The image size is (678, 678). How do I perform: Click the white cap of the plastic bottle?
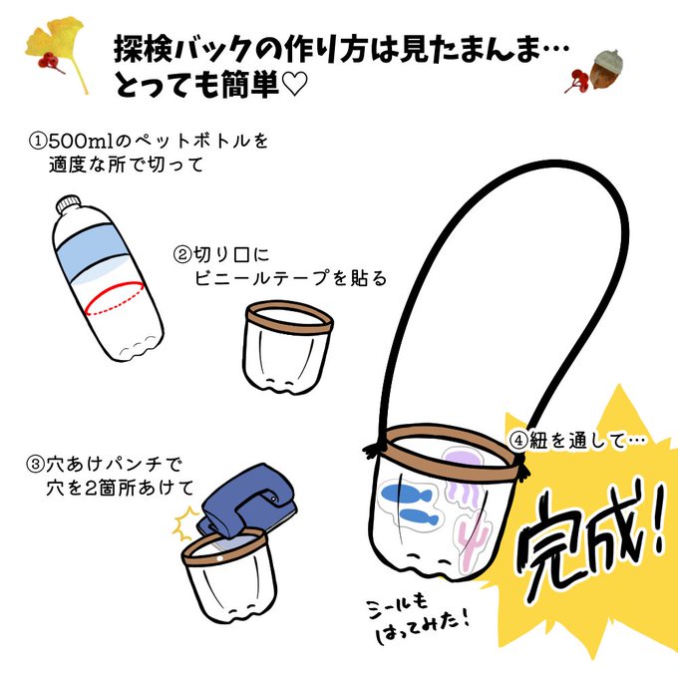point(68,203)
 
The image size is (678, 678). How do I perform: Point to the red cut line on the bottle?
point(114,298)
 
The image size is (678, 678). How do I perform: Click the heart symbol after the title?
point(294,84)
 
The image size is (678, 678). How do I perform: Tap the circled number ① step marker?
point(37,141)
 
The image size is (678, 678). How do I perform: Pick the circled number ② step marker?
point(182,254)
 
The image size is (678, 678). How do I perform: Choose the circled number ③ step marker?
point(36,465)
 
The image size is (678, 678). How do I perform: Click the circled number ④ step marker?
point(517,441)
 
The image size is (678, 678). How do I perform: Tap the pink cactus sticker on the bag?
point(473,538)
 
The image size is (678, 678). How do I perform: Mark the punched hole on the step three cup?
point(219,558)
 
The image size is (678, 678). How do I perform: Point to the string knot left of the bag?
point(374,451)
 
